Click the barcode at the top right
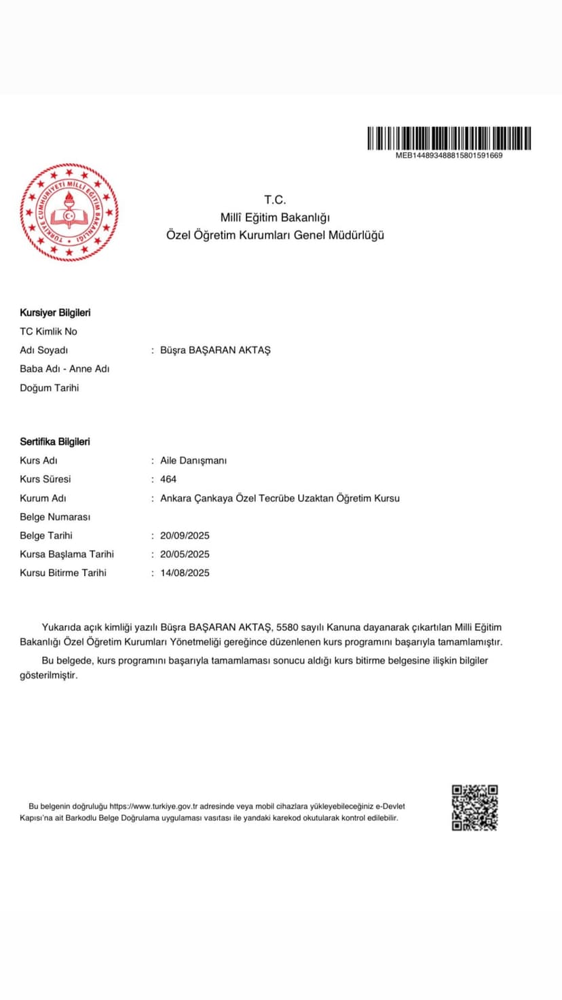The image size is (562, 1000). point(449,138)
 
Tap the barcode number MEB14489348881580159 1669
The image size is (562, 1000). point(449,156)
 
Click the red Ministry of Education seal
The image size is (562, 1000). point(69,213)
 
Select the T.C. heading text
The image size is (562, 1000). point(275,200)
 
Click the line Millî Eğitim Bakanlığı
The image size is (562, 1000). point(275,217)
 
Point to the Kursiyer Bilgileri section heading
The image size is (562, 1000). point(55,312)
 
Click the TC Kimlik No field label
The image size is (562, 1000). point(48,332)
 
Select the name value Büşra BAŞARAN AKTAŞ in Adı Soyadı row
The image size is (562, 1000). point(215,350)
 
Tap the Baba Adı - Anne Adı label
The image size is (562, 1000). point(64,369)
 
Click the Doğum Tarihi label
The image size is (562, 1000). point(50,388)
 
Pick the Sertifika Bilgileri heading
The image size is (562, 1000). point(55,442)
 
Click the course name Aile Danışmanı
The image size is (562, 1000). point(193,461)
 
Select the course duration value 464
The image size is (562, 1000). point(168,479)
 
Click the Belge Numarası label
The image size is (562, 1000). point(55,517)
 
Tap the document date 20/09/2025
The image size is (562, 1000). point(185,535)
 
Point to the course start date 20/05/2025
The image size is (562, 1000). point(185,554)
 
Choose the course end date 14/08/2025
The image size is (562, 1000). point(185,573)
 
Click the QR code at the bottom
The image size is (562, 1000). point(475,808)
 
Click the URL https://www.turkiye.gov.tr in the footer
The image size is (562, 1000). point(153,806)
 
